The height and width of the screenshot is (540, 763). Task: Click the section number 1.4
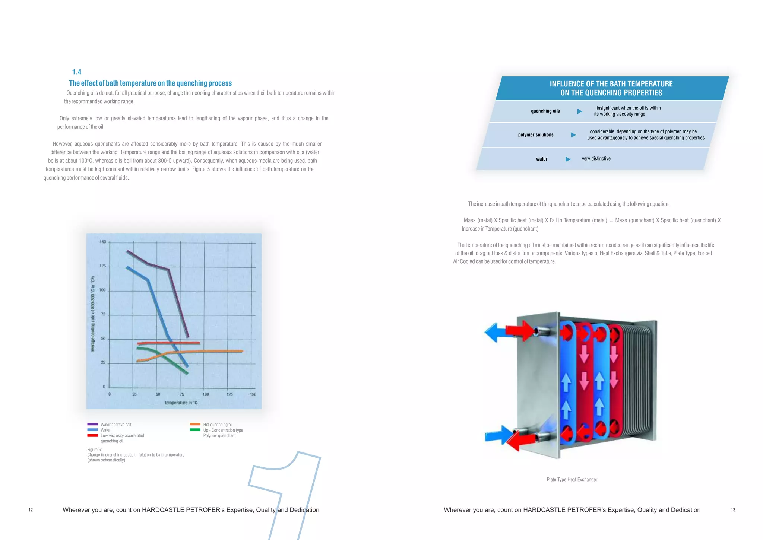pos(77,72)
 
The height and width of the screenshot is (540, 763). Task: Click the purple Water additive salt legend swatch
pos(92,424)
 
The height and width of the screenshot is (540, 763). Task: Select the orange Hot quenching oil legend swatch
pos(195,424)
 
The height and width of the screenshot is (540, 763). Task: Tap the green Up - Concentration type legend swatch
pos(195,430)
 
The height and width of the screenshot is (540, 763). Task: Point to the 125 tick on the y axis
pos(103,266)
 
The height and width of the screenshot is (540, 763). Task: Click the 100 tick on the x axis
pos(206,394)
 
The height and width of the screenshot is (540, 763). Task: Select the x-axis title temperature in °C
pos(181,403)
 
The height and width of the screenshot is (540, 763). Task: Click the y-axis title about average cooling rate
pos(93,314)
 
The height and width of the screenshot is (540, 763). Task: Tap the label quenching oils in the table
pos(545,111)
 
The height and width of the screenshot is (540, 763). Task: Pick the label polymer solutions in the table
pos(535,135)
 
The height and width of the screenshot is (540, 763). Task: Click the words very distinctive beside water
pos(596,159)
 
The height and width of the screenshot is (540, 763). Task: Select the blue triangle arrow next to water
pos(568,159)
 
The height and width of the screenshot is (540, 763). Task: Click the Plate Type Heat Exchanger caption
pos(572,480)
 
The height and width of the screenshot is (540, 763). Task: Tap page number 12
pos(31,510)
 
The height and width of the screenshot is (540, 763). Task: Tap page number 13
pos(733,510)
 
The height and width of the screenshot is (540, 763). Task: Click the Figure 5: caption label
pos(94,450)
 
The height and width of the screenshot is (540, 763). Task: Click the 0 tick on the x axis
pos(109,394)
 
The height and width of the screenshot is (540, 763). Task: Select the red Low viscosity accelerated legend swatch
pos(92,435)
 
